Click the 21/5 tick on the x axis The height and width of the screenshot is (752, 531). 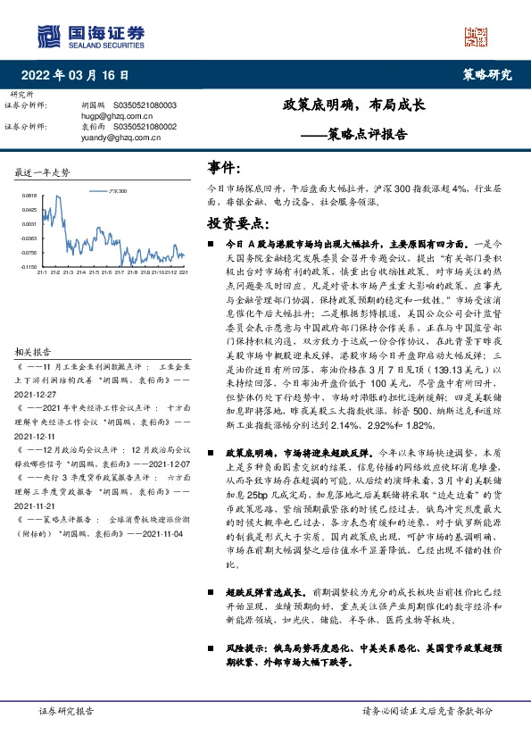click(x=67, y=274)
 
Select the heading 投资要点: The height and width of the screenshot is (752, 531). click(x=237, y=221)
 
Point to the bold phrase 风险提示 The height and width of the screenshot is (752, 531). click(x=245, y=616)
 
